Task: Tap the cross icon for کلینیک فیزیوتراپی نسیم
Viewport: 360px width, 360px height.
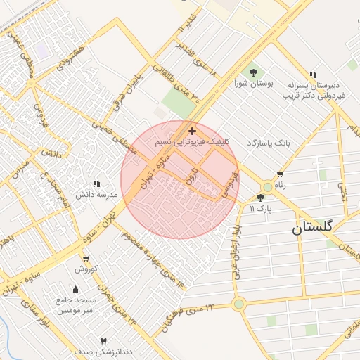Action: [192, 131]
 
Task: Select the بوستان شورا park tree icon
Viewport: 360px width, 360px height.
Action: [252, 72]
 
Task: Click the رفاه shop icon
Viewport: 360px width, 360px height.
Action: [281, 174]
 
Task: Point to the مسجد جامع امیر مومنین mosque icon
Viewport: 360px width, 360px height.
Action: [76, 288]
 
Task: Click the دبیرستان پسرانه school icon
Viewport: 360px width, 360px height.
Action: [312, 74]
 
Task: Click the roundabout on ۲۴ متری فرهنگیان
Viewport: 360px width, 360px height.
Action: [239, 304]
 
